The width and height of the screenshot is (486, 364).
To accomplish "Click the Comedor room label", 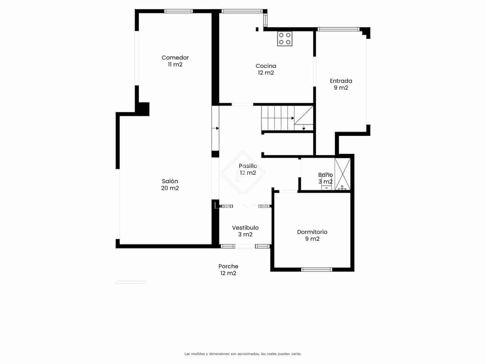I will pos(175,58).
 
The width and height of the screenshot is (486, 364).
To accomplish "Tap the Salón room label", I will pos(170,181).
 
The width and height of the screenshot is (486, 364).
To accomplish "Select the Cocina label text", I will pos(266,66).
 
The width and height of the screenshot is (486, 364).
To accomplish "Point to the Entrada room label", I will pos(341,81).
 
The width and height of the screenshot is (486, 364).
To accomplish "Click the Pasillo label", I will pos(248,166).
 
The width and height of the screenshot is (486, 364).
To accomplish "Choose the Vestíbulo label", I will pos(245,228).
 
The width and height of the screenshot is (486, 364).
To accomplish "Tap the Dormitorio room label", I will pos(312,232).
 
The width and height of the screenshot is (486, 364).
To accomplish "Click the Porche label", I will pos(228,266).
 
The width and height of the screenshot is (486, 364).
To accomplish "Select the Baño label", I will pos(325,175).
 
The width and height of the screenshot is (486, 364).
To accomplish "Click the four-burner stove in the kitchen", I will pos(285,39).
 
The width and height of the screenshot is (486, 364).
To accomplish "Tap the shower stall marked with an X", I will pos(342,174).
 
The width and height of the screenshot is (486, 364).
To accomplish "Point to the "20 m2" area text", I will pos(170,188).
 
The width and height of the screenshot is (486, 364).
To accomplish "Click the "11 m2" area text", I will pos(175,64).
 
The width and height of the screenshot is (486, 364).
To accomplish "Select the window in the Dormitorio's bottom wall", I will pos(317,269).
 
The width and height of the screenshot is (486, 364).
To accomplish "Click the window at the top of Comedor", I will pos(178,11).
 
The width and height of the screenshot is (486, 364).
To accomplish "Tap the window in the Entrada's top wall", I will pos(338,29).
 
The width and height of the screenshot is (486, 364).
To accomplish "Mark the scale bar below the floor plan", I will pos(131,282).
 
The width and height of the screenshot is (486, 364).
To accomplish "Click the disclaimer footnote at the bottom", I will pos(243,354).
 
